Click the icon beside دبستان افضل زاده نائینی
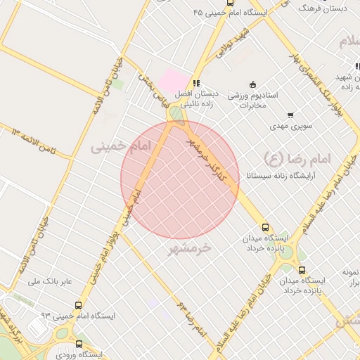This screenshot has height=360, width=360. tap(196, 83)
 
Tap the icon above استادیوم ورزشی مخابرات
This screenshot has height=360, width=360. tap(254, 84)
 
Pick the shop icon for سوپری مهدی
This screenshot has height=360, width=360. tap(290, 115)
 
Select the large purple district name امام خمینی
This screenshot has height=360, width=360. tap(121, 146)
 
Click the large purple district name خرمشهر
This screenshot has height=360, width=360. tap(190, 247)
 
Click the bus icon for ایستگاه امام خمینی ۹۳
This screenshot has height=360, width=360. tap(78, 306)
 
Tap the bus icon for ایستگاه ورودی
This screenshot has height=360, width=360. tap(78, 345)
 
